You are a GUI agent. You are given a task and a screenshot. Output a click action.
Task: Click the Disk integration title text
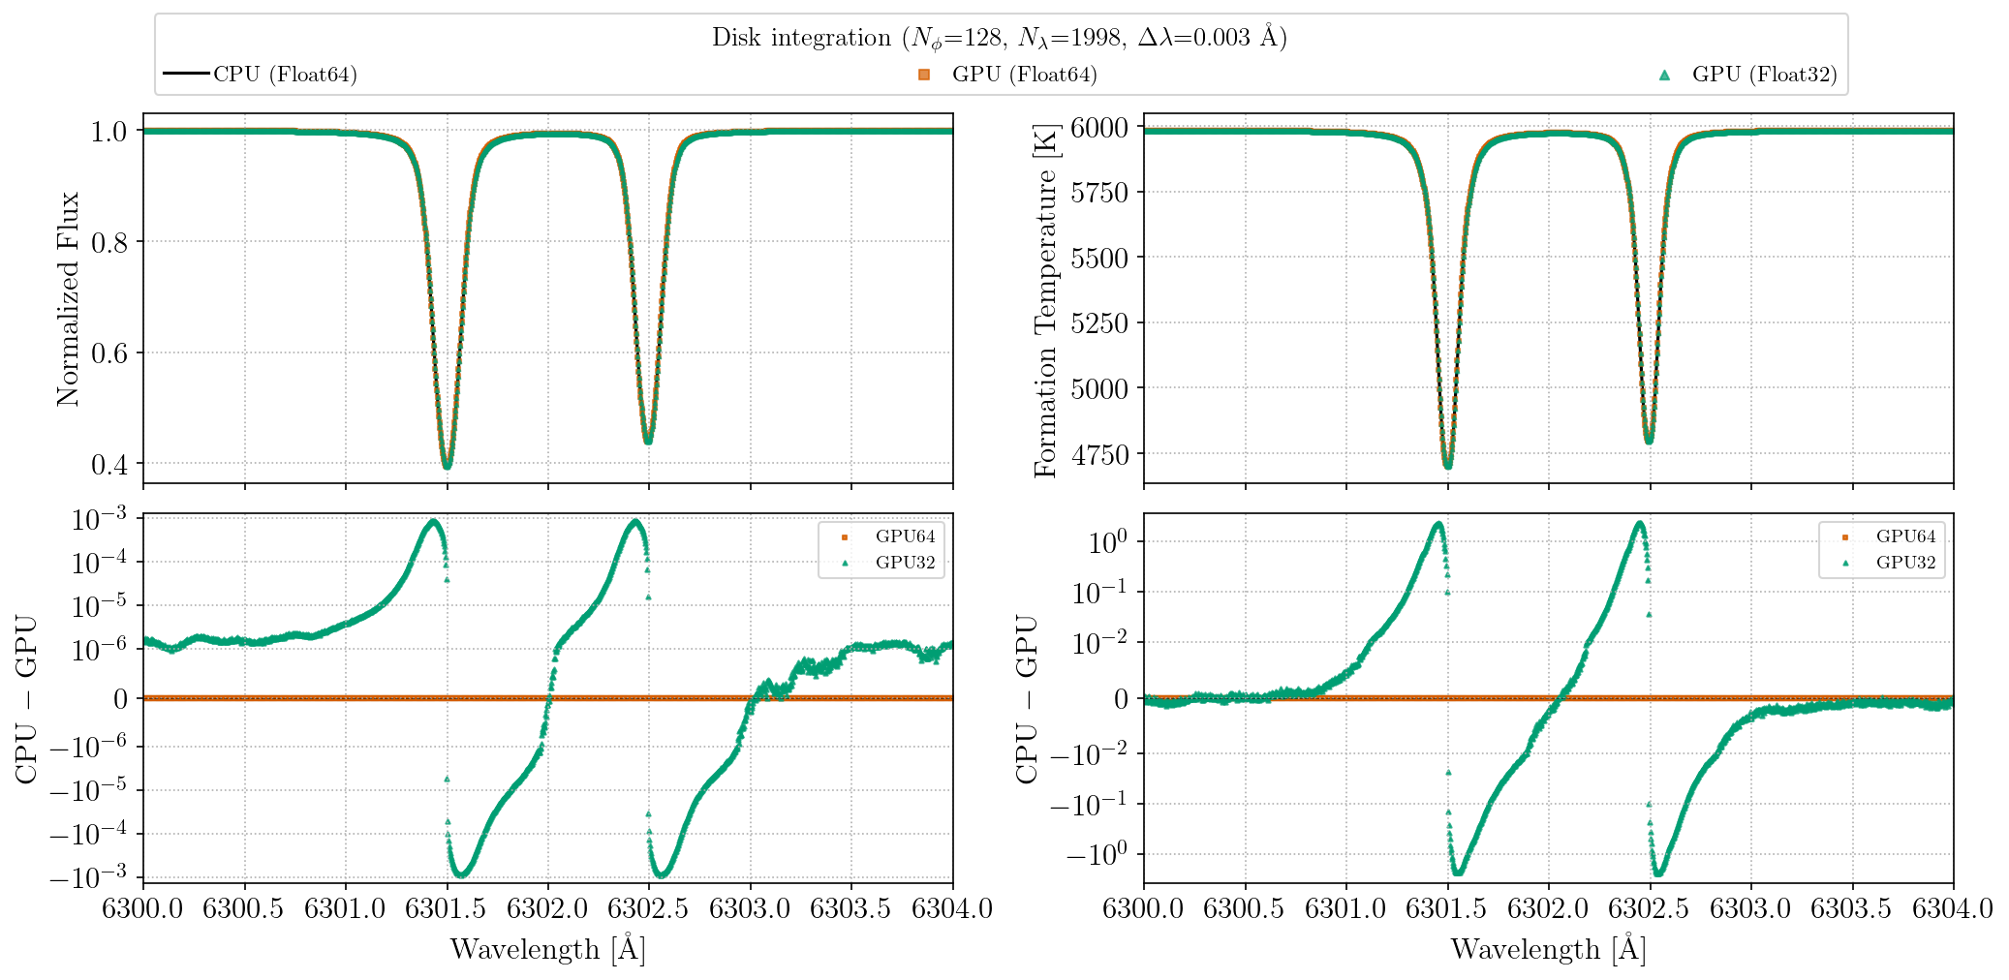tap(999, 38)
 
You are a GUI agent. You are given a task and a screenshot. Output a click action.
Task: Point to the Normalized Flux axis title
tap(67, 298)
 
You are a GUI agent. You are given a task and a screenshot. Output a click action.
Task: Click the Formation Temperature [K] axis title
tap(1045, 300)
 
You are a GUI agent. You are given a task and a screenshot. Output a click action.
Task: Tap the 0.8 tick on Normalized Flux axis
tap(108, 242)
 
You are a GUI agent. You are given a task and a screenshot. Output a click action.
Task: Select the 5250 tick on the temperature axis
tap(1099, 323)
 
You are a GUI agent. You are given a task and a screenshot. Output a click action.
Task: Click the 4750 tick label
tap(1099, 454)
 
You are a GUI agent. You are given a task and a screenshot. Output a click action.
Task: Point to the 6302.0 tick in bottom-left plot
tap(548, 908)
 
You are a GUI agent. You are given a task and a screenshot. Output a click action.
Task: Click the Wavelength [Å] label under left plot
tap(548, 949)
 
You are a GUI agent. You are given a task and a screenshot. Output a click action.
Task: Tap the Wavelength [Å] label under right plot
tap(1548, 949)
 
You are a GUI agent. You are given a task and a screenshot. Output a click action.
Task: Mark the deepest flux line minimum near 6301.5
tap(447, 467)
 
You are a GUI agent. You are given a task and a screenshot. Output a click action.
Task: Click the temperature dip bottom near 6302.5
tap(1649, 441)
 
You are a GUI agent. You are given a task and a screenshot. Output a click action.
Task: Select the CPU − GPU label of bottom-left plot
tap(26, 698)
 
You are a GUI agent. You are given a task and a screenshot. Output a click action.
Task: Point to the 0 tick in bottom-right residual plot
tap(1121, 698)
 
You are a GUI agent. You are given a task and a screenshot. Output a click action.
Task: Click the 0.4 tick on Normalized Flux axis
tap(108, 465)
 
